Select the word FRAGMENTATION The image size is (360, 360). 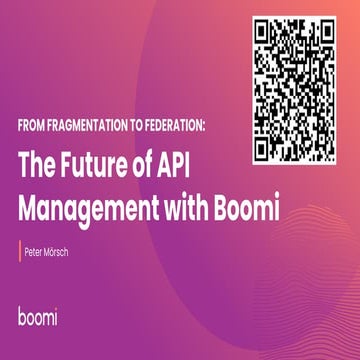click(x=94, y=129)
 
